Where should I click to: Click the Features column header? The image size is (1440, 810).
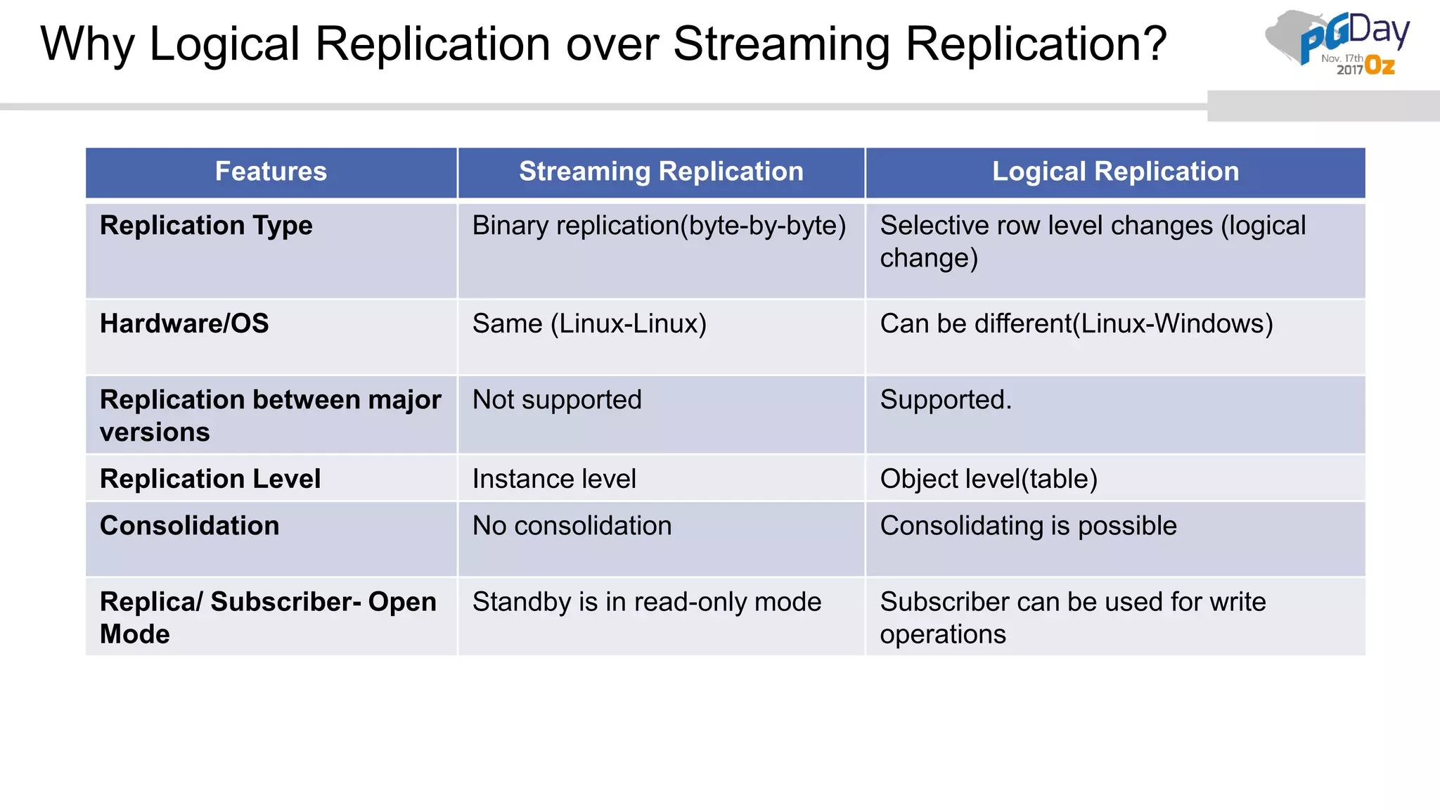click(x=271, y=172)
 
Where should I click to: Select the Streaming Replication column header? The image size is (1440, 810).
click(x=661, y=172)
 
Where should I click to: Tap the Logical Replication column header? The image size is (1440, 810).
click(x=1115, y=172)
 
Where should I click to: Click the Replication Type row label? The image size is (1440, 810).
click(x=206, y=226)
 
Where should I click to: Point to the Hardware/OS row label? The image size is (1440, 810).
click(x=184, y=323)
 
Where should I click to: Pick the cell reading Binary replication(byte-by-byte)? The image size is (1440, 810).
click(x=659, y=226)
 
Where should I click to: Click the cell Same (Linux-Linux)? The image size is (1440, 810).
click(x=589, y=323)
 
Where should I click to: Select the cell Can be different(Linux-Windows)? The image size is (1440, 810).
click(x=1076, y=323)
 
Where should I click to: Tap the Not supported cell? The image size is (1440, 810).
click(x=557, y=399)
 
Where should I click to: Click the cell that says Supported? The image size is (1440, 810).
click(x=946, y=399)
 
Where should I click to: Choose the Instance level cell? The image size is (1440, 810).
click(x=554, y=479)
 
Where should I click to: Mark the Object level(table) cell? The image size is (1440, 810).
click(x=989, y=479)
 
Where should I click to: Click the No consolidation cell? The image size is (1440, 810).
click(x=572, y=526)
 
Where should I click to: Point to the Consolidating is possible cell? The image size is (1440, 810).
click(x=1028, y=526)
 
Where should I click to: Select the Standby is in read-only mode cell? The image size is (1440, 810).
click(x=646, y=602)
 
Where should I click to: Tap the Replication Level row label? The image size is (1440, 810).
click(x=210, y=479)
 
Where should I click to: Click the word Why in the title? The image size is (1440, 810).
click(x=86, y=45)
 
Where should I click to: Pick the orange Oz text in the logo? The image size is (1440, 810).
click(x=1380, y=67)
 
